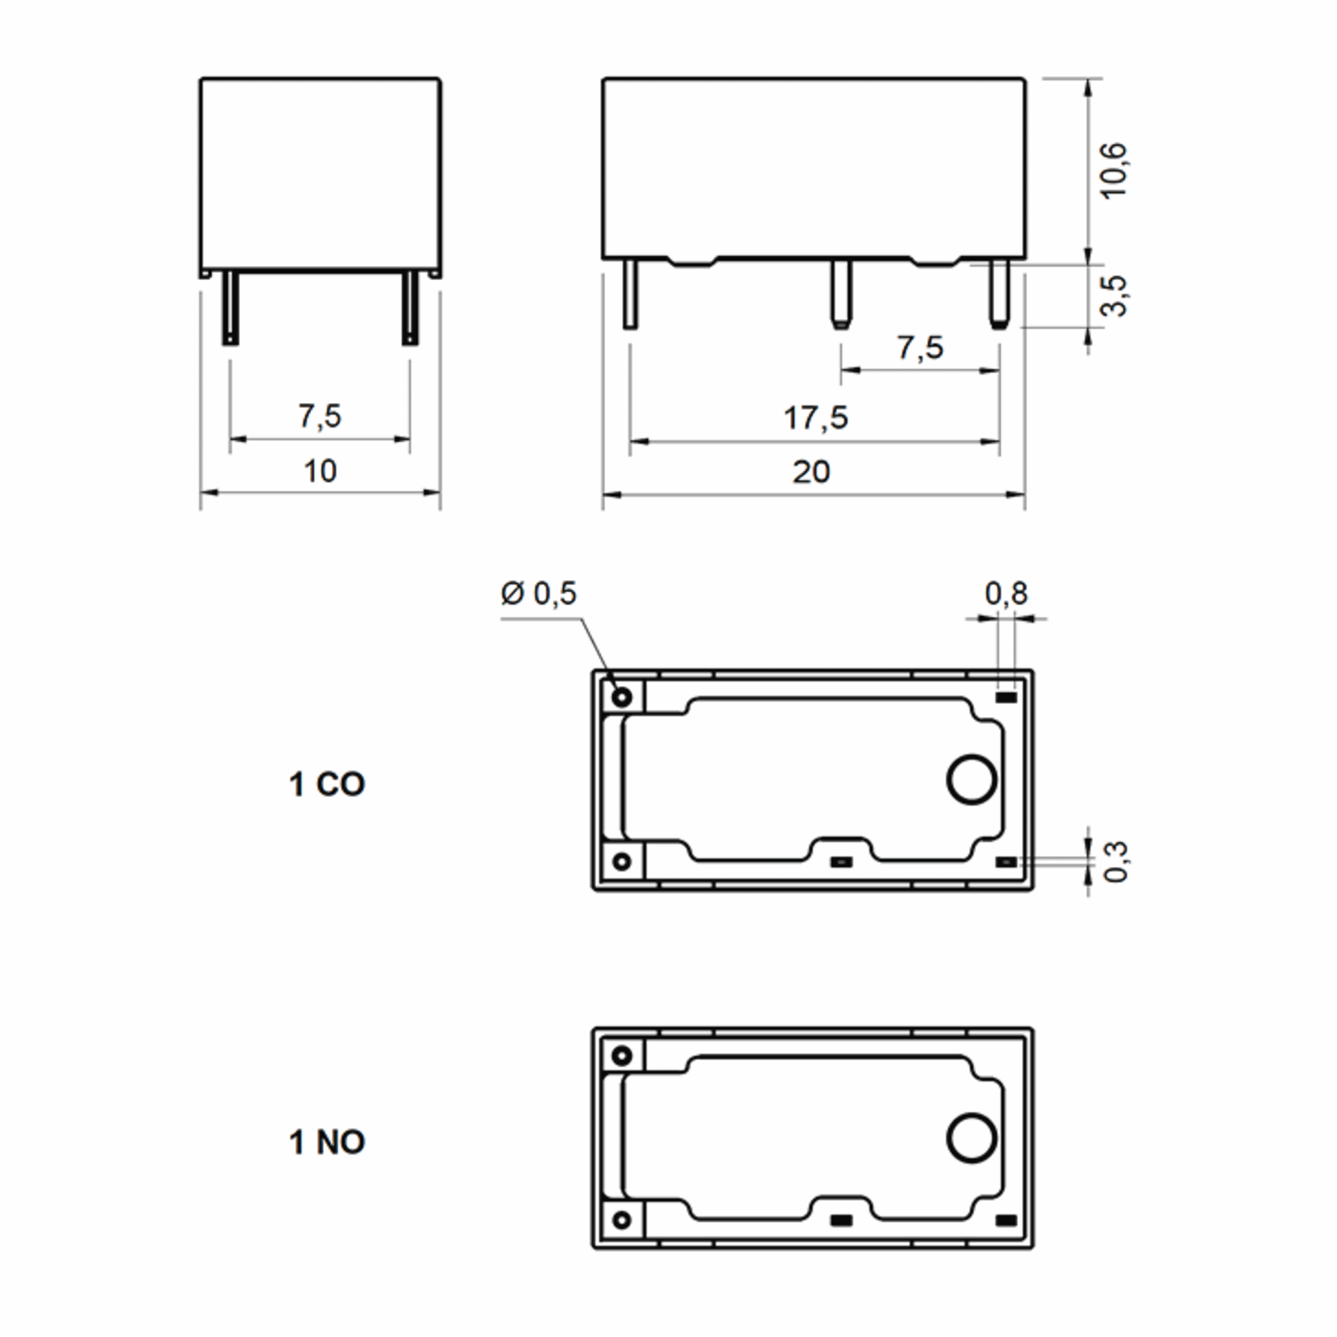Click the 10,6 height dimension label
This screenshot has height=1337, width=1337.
1115,171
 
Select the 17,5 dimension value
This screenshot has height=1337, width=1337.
815,418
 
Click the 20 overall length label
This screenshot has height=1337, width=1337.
811,472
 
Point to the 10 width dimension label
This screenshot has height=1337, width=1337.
320,471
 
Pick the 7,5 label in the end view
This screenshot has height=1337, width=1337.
320,416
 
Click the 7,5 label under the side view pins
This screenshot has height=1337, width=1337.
920,348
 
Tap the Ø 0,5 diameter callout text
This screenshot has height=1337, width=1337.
538,593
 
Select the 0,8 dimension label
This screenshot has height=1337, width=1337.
1006,593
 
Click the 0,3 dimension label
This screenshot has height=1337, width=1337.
1115,862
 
